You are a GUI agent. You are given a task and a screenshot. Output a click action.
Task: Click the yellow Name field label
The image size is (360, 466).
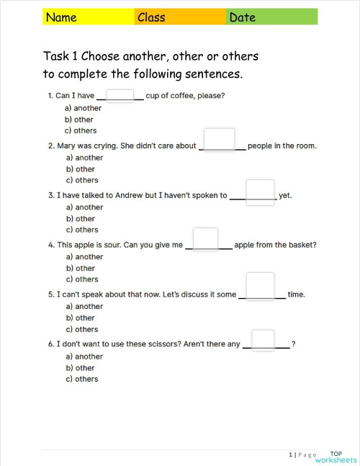tap(61, 17)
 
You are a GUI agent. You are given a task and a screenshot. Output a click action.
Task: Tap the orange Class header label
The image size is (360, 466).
tap(151, 17)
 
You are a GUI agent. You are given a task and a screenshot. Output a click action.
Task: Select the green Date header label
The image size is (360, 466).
tap(243, 17)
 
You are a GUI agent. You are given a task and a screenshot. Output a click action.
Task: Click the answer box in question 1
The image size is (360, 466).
tap(120, 96)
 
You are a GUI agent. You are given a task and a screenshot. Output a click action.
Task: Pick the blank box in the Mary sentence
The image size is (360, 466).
tap(219, 140)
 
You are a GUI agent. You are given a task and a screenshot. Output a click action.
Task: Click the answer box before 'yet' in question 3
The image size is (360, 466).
tap(260, 192)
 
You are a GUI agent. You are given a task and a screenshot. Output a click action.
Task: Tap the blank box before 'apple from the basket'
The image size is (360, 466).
tap(205, 239)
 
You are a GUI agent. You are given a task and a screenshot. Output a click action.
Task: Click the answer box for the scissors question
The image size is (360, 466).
tap(263, 339)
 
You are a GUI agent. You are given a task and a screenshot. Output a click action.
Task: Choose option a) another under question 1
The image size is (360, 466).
tap(84, 108)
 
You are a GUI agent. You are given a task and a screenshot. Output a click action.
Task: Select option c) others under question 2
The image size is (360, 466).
tap(82, 180)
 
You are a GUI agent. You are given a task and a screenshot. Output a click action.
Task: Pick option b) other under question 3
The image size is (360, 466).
tap(81, 218)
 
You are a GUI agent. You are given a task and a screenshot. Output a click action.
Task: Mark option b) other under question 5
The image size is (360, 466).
tap(81, 318)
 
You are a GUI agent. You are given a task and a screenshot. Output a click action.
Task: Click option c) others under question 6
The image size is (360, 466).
tap(82, 379)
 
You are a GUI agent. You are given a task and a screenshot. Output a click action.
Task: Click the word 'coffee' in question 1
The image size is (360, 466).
tap(184, 96)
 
